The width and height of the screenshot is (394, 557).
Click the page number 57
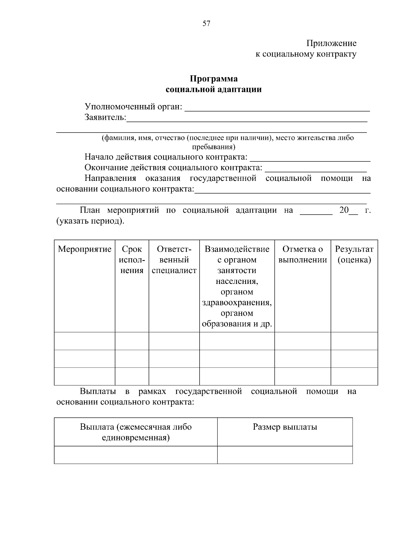click(x=206, y=23)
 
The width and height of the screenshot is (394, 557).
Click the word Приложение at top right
click(x=331, y=43)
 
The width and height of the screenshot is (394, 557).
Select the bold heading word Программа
click(x=214, y=79)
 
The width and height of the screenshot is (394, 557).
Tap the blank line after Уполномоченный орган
click(x=277, y=108)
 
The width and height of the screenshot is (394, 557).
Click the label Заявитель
click(x=105, y=117)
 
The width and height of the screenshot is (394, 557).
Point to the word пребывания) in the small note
click(x=214, y=146)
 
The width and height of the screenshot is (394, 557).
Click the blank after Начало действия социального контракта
click(x=310, y=159)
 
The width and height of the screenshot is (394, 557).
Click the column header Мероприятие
click(x=85, y=249)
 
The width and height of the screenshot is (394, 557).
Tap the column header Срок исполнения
click(x=132, y=260)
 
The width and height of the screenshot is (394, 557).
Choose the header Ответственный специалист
click(x=174, y=260)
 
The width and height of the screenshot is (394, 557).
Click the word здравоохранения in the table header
click(x=237, y=302)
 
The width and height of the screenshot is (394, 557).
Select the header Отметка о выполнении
click(x=303, y=254)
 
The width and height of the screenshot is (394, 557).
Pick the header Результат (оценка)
click(x=354, y=254)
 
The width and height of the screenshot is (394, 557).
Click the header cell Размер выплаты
click(x=285, y=427)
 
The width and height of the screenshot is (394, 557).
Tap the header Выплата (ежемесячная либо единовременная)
click(x=136, y=432)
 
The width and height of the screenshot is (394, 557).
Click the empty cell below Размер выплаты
click(x=285, y=455)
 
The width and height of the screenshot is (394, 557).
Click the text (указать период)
click(x=91, y=221)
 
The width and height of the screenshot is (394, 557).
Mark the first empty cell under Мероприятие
click(x=85, y=341)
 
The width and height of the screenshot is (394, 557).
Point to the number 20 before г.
click(x=344, y=210)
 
